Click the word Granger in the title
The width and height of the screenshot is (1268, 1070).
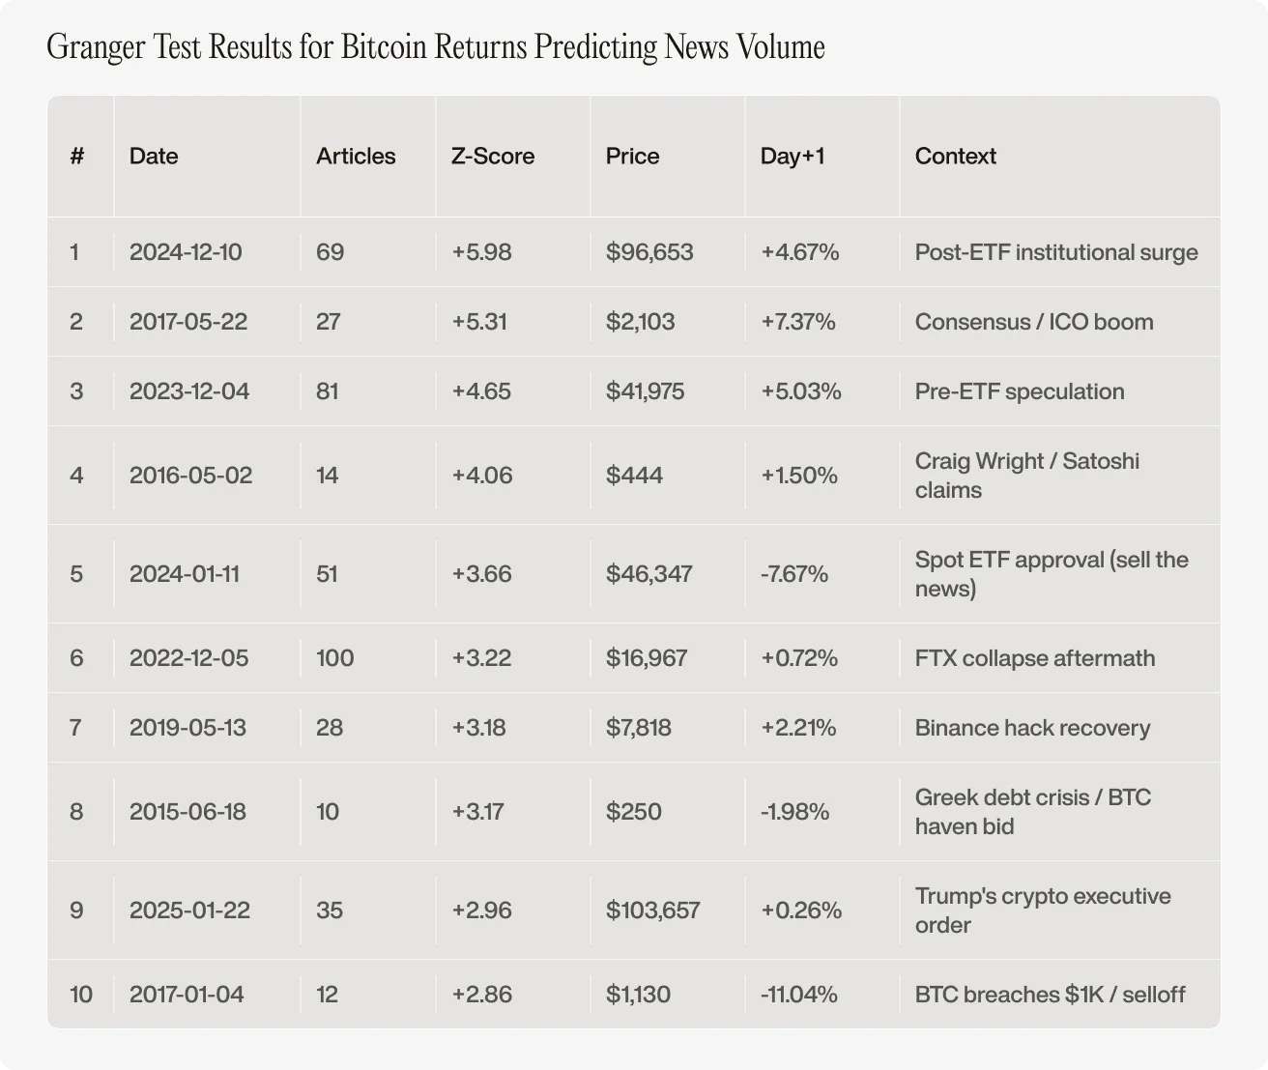(x=96, y=47)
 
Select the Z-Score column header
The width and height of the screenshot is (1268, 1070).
(x=493, y=156)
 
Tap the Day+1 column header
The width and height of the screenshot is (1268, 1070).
(x=792, y=156)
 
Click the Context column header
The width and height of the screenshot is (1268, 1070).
(x=955, y=156)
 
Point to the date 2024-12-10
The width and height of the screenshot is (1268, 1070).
(x=186, y=252)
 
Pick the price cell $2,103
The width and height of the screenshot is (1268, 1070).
(x=640, y=321)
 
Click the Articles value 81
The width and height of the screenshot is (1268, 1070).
(x=328, y=391)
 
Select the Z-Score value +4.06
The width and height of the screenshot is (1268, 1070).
(x=482, y=475)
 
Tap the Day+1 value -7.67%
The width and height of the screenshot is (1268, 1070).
(x=794, y=574)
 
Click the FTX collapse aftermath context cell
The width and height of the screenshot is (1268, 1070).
(x=1035, y=657)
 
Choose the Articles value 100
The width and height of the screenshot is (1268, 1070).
(x=334, y=657)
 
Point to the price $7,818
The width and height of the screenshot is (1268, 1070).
(x=638, y=728)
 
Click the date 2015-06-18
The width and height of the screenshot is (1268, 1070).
(x=187, y=811)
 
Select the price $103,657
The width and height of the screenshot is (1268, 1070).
(x=652, y=910)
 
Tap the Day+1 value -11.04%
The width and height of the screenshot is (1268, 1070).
(x=799, y=994)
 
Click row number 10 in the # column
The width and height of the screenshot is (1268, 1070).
(x=81, y=994)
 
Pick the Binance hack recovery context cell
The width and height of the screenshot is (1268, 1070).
(x=1032, y=728)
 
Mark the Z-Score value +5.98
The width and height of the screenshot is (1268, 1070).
(x=481, y=252)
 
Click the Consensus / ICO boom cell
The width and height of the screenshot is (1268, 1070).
(x=1034, y=321)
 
